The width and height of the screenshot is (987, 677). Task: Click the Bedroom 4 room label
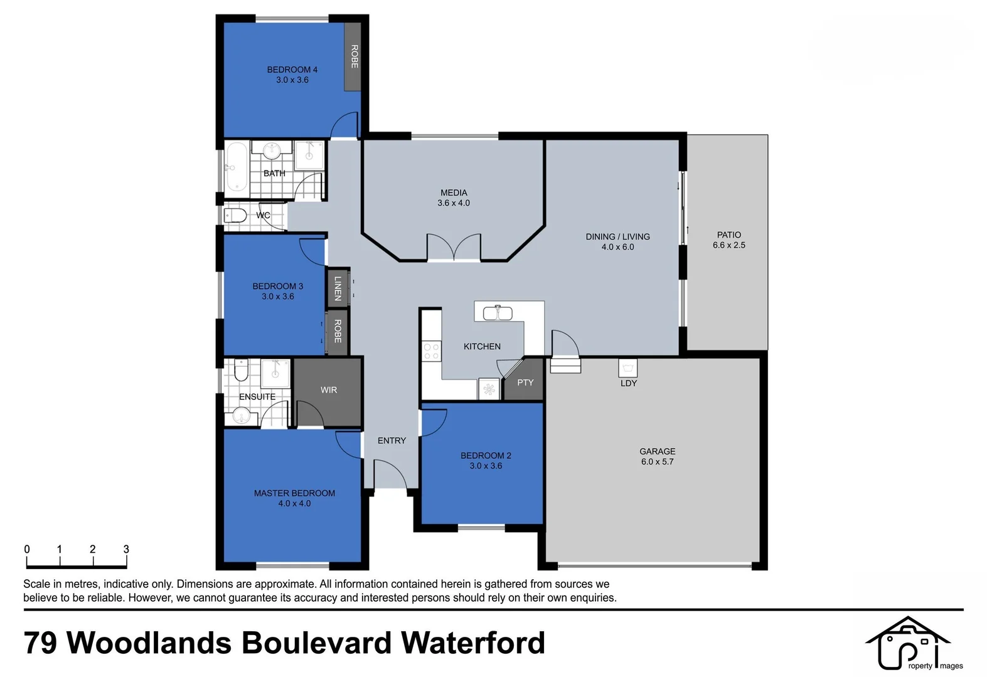(x=292, y=70)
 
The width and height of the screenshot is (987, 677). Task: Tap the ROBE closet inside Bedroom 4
(x=353, y=56)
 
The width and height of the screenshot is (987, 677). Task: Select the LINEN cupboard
(x=338, y=288)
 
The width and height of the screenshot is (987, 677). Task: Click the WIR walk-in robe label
(x=329, y=390)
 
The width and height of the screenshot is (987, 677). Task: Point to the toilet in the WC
(x=236, y=216)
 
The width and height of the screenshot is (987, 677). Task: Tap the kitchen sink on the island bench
(x=498, y=312)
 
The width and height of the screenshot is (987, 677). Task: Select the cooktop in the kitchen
(x=431, y=350)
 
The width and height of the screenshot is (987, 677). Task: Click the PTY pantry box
(x=525, y=382)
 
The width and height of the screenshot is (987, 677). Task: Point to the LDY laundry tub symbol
(x=628, y=368)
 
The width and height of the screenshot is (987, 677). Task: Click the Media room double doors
(x=454, y=247)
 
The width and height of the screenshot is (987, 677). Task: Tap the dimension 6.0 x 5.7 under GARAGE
(x=657, y=462)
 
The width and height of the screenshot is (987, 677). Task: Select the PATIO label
(x=728, y=235)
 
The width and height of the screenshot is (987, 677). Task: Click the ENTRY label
(x=392, y=441)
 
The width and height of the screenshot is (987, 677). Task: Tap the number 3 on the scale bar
(x=126, y=549)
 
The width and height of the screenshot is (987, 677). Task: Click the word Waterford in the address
(x=472, y=643)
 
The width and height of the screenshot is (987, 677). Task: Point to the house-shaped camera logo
(x=907, y=643)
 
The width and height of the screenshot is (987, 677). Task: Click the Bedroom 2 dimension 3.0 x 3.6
(x=486, y=466)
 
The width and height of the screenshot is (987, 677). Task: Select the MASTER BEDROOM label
(x=294, y=493)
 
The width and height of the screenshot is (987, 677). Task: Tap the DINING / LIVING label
(x=617, y=237)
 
